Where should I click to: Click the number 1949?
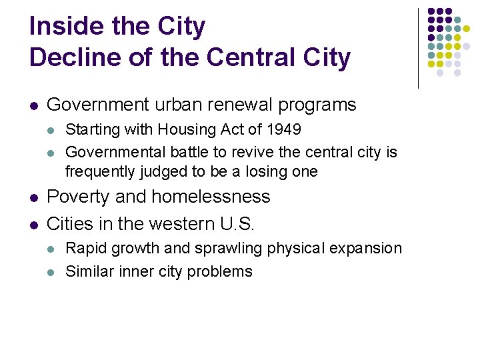(x=283, y=129)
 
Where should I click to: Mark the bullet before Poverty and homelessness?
(x=33, y=197)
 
